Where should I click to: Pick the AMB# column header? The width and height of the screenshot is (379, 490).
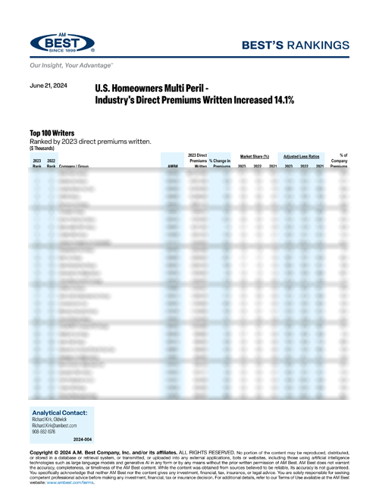tap(172, 166)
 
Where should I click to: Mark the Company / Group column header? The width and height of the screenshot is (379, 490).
tap(77, 166)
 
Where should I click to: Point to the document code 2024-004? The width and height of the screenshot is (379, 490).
tap(83, 439)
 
